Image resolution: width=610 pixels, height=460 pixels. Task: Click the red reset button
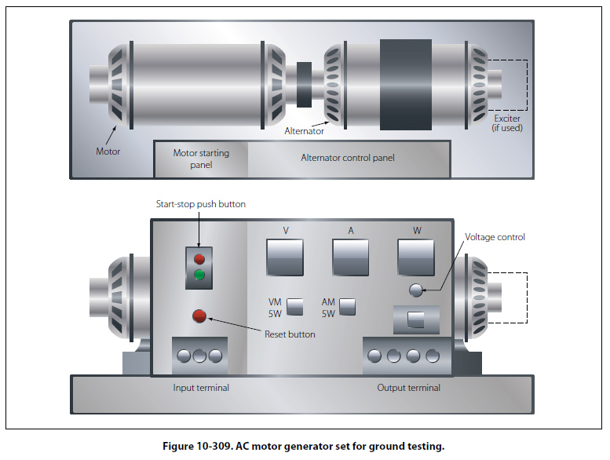(x=199, y=316)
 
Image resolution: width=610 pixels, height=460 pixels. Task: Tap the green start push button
(x=199, y=275)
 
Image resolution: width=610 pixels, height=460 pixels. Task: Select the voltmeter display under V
(x=284, y=256)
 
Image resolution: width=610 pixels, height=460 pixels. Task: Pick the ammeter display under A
(x=350, y=256)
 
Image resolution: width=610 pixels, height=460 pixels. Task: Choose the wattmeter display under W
(x=415, y=256)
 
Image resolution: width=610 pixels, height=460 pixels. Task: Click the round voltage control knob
(x=416, y=290)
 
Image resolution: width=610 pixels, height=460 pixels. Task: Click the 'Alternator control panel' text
(x=348, y=158)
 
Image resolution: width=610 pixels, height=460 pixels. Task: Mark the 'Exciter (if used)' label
(x=507, y=123)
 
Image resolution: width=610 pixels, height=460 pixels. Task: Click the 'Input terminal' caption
(x=201, y=388)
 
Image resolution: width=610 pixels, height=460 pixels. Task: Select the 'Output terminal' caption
(x=408, y=388)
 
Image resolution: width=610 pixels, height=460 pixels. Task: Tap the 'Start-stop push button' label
(x=201, y=204)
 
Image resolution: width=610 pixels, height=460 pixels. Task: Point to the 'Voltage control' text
(x=495, y=237)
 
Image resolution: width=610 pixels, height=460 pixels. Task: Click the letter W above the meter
(x=416, y=230)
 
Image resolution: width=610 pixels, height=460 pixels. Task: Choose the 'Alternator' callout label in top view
(x=304, y=131)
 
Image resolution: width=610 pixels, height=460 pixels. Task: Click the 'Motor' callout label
(x=108, y=151)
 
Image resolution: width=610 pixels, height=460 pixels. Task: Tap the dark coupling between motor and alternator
(x=304, y=83)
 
